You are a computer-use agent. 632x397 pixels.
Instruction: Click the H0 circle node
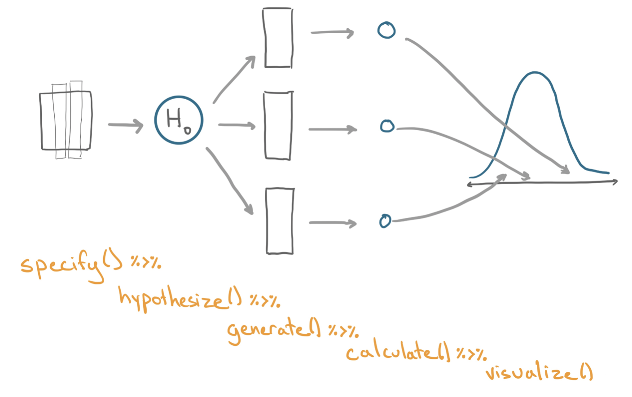click(x=179, y=120)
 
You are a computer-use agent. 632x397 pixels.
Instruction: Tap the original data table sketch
click(x=66, y=120)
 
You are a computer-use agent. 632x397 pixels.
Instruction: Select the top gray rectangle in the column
click(x=278, y=38)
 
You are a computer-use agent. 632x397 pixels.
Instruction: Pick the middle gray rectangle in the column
click(x=278, y=125)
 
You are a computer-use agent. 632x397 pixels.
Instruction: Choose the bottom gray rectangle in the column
click(x=280, y=221)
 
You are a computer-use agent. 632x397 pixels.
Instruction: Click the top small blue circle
click(x=386, y=31)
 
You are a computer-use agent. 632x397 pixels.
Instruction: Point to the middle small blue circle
click(x=387, y=126)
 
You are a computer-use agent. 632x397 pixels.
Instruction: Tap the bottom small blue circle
click(x=385, y=221)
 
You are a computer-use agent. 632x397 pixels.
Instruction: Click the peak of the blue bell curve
click(x=535, y=73)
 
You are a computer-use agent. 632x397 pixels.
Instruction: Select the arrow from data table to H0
click(x=125, y=125)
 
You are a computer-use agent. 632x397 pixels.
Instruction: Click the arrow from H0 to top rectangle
click(x=234, y=80)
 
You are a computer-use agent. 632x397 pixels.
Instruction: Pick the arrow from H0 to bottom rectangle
click(x=229, y=180)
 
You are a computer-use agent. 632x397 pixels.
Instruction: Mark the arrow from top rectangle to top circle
click(x=332, y=32)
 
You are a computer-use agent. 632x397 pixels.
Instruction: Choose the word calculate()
click(x=398, y=352)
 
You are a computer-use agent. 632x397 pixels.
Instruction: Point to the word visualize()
click(x=539, y=373)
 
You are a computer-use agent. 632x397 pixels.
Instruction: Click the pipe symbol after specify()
click(x=146, y=262)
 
